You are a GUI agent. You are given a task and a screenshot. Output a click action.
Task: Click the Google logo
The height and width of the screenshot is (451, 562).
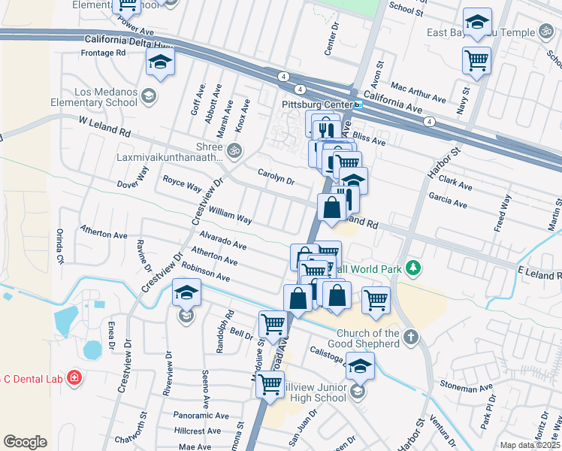(x=25, y=442)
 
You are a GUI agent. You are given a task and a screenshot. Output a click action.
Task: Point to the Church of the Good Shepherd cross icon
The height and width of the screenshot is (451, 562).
(x=410, y=337)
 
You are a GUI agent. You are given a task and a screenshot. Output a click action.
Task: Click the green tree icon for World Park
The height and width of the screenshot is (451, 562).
(x=412, y=268)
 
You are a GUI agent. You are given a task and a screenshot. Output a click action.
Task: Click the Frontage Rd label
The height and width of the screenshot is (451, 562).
(x=104, y=53)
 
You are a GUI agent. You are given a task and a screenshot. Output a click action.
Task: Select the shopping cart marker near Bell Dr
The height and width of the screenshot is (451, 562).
(x=272, y=325)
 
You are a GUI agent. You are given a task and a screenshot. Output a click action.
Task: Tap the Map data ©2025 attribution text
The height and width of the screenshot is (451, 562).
(x=529, y=445)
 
